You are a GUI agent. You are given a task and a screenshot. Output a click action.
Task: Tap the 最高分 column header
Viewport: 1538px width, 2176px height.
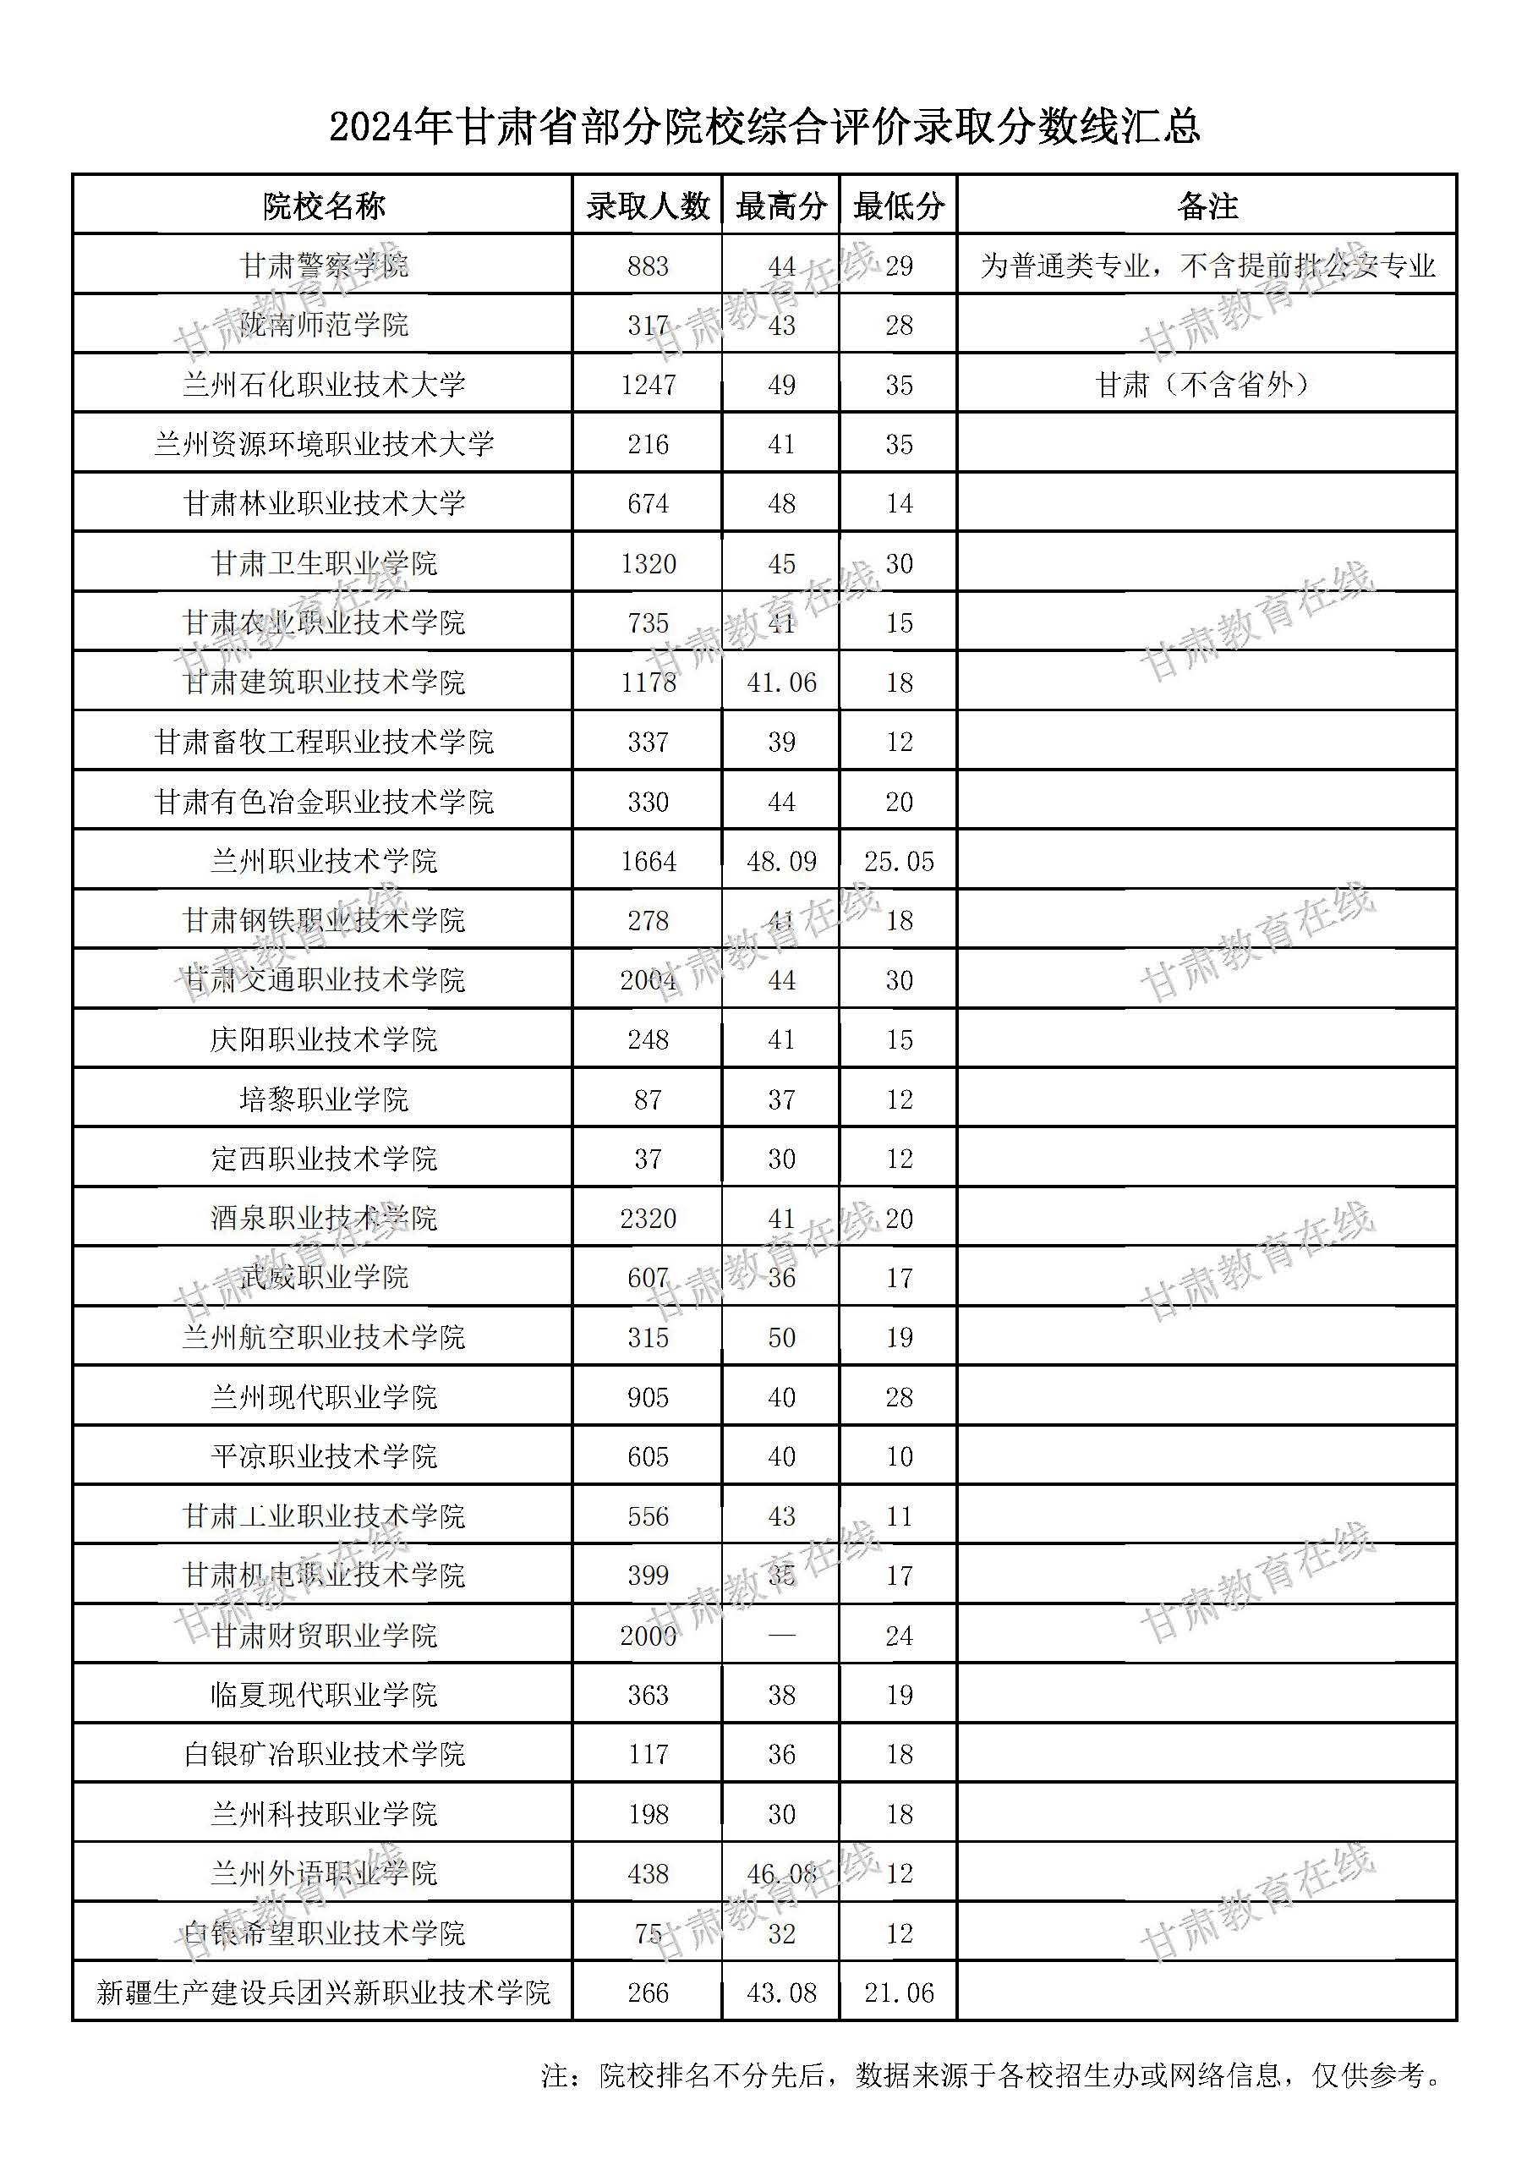point(781,206)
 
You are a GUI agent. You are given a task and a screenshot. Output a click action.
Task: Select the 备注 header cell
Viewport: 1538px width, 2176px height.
point(1207,206)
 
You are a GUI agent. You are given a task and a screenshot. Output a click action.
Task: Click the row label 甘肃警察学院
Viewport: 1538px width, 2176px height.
point(324,266)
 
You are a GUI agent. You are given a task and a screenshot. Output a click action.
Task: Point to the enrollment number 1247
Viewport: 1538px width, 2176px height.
point(649,385)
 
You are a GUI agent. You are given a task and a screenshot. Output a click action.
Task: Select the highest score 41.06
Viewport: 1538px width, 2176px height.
point(781,682)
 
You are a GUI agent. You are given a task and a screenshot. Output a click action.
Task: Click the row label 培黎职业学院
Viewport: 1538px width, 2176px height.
point(324,1099)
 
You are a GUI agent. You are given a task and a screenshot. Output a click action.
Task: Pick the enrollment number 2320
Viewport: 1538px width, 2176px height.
point(649,1218)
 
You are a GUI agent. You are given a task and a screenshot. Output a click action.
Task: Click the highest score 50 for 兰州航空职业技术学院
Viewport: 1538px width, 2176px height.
point(781,1337)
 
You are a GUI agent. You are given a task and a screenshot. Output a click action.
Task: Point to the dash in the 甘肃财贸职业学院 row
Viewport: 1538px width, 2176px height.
point(781,1636)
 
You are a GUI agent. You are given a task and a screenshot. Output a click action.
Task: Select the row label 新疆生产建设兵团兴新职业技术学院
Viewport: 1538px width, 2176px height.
point(324,1993)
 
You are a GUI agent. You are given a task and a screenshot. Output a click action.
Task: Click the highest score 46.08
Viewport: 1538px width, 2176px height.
point(781,1874)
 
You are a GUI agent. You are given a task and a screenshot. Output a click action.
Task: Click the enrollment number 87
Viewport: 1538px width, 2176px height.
point(649,1099)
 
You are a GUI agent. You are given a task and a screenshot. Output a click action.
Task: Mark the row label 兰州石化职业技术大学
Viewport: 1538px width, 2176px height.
point(324,385)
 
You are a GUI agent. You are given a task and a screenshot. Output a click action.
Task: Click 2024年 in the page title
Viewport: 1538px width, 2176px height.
point(389,127)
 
